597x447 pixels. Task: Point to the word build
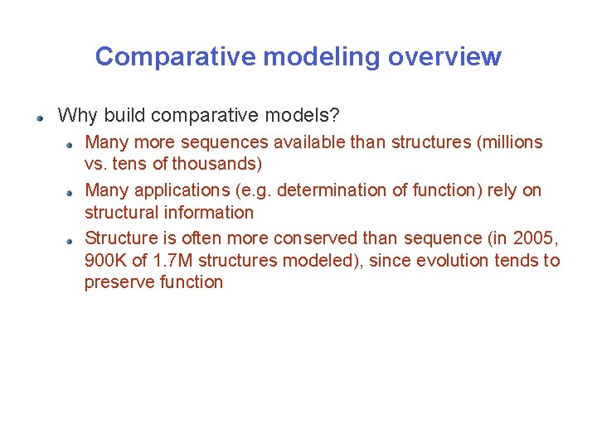pyautogui.click(x=121, y=114)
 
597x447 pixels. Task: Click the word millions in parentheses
pyautogui.click(x=512, y=142)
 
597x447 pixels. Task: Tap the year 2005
pyautogui.click(x=536, y=238)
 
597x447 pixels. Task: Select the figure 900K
pyautogui.click(x=104, y=261)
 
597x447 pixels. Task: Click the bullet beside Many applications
pyautogui.click(x=72, y=191)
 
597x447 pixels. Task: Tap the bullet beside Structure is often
pyautogui.click(x=72, y=239)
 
